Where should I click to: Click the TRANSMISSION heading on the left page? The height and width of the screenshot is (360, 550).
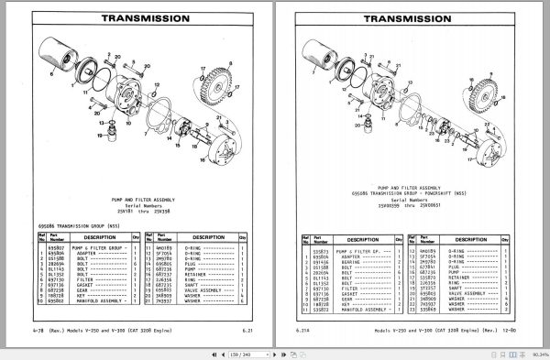pos(137,16)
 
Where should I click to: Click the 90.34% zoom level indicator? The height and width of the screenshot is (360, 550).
pos(533,352)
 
